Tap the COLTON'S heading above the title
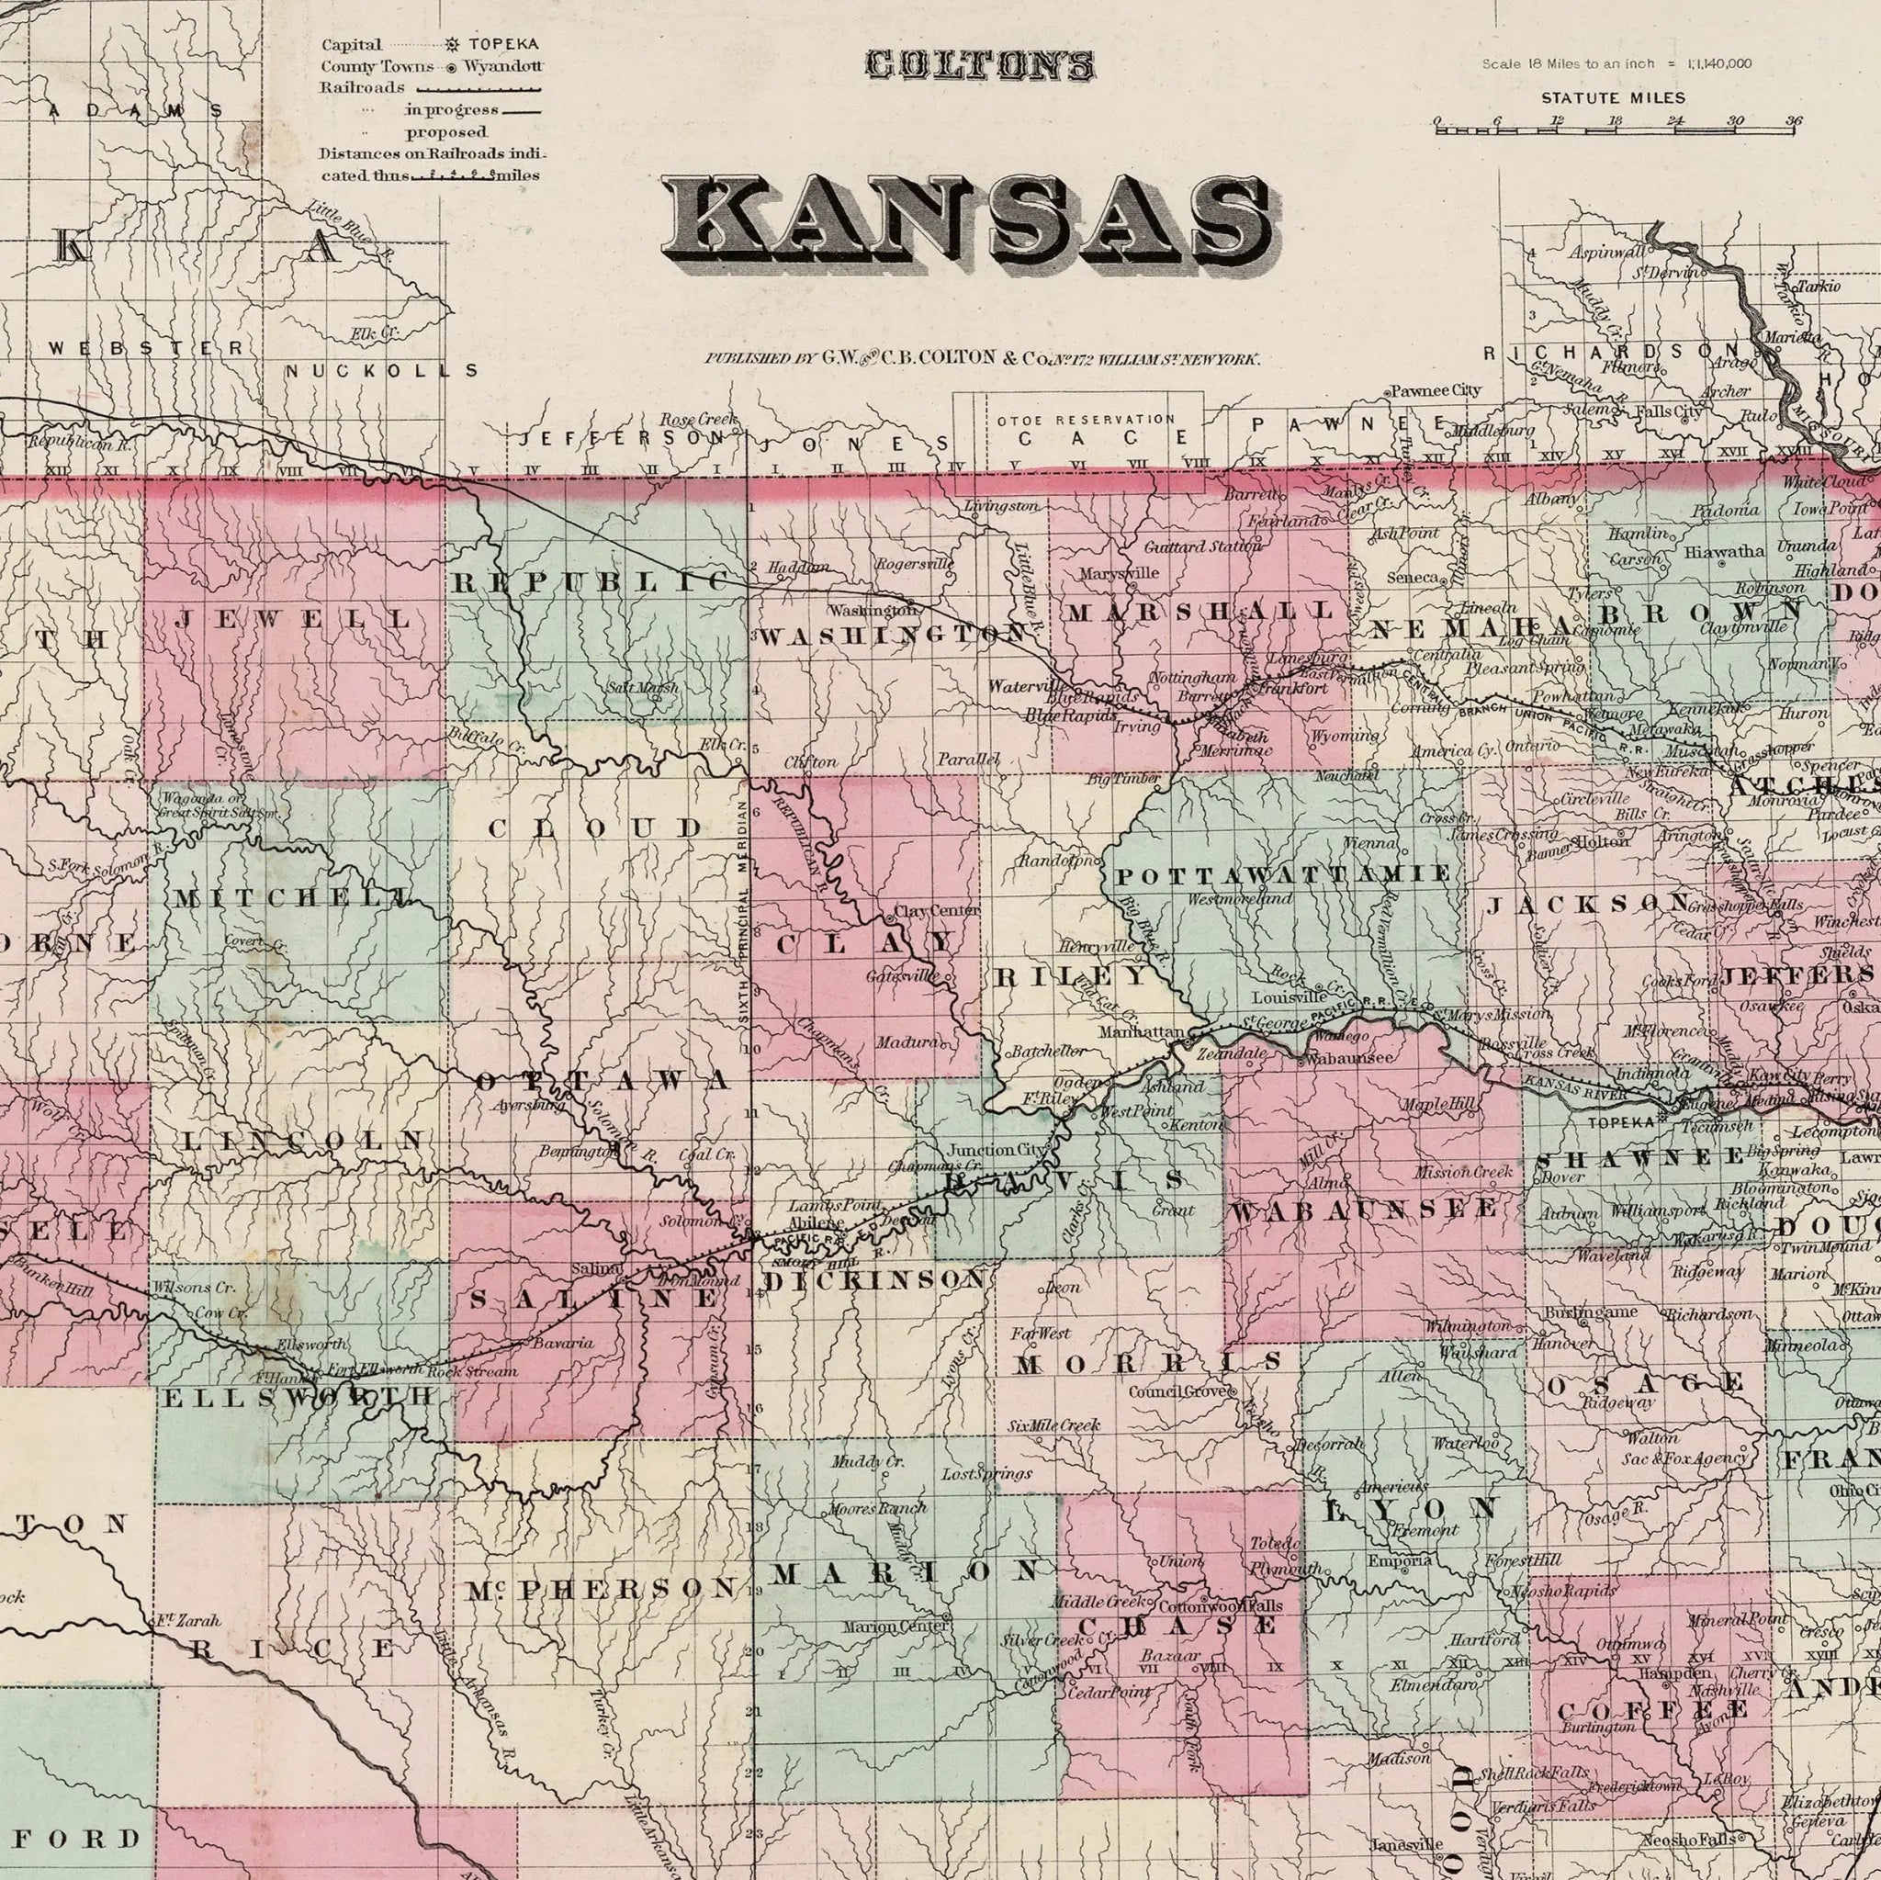click(x=980, y=66)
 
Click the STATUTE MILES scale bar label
click(x=1612, y=98)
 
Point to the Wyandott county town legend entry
click(x=501, y=66)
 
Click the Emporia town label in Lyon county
click(x=1399, y=1560)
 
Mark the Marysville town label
click(x=1119, y=573)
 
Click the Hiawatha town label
click(x=1724, y=552)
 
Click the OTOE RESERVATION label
click(x=1086, y=420)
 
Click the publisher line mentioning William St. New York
click(x=983, y=359)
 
